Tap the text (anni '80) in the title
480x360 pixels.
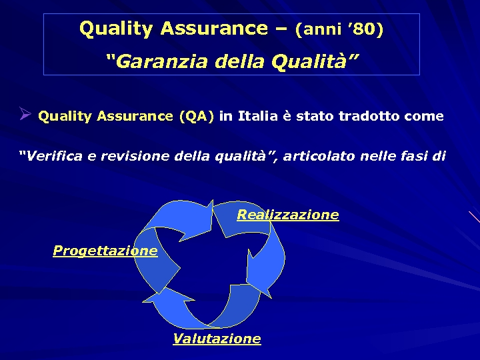339,30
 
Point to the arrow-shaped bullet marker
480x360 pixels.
25,115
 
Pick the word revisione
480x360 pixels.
135,157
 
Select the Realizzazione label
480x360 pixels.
288,215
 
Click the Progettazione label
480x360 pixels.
105,251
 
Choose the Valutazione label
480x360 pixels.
217,339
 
